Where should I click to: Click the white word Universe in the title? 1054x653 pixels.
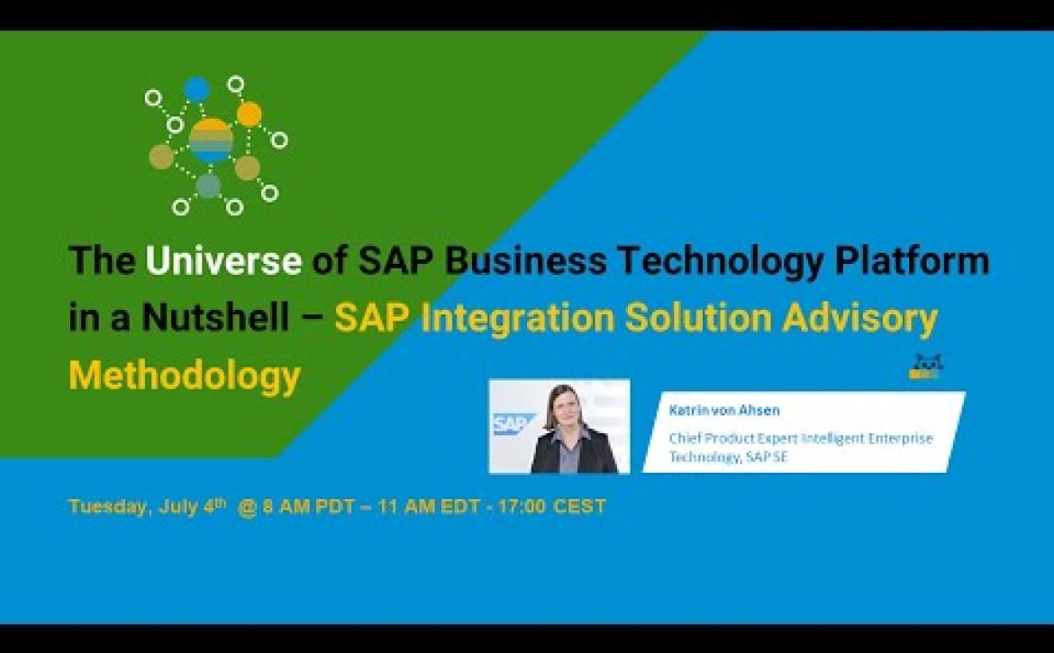[223, 260]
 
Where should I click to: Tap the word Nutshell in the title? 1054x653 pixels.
[216, 317]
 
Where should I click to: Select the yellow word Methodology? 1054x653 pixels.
[185, 376]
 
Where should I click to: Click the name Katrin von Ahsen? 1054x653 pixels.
[724, 410]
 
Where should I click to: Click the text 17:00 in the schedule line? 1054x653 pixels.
[521, 506]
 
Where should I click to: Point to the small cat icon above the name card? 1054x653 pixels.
[925, 367]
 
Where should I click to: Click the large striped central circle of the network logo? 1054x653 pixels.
[211, 141]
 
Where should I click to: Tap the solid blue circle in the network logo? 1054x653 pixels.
[196, 89]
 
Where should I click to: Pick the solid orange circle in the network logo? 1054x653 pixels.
[250, 114]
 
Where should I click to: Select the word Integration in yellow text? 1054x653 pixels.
[518, 319]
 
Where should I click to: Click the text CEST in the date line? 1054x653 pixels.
[579, 506]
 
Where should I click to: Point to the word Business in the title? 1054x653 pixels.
[525, 260]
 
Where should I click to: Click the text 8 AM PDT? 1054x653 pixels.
[308, 506]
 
